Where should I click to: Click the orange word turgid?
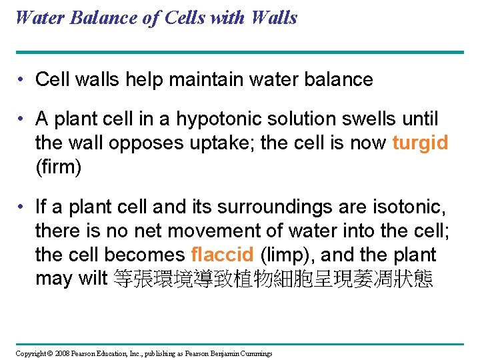(x=420, y=143)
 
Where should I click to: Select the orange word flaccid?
(x=222, y=255)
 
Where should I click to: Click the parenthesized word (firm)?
(x=59, y=167)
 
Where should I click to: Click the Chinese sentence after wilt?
(x=273, y=278)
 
